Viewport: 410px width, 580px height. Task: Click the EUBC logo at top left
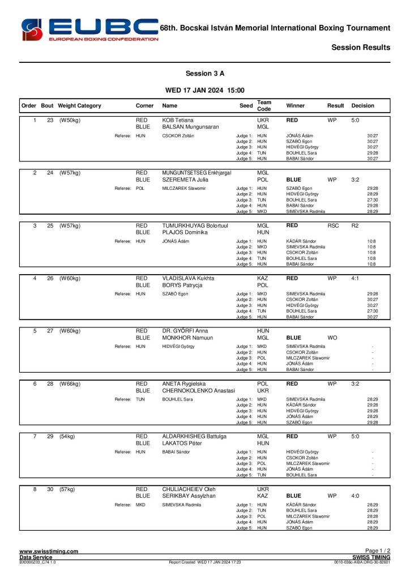[x=89, y=29]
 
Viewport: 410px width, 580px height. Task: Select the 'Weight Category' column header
[x=79, y=106]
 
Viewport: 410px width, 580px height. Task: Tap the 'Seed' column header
[x=246, y=106]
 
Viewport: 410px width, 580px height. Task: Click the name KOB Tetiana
[x=178, y=121]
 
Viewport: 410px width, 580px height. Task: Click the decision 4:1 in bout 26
[x=356, y=279]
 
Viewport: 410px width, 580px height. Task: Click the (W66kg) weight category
[x=70, y=383]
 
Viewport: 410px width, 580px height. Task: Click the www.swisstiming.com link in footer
[x=49, y=551]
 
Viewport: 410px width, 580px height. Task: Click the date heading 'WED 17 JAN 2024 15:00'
[x=205, y=90]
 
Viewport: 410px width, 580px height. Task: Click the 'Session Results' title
[x=361, y=48]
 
